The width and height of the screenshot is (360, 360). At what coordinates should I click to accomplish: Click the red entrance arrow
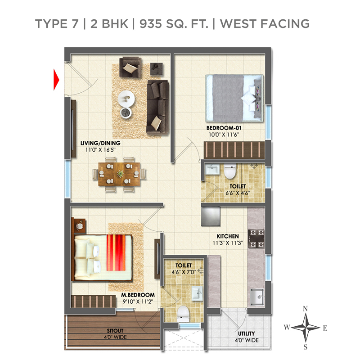coord(56,80)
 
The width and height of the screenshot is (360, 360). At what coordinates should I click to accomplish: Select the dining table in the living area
coord(119,174)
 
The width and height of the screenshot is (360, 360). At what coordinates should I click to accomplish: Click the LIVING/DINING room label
coord(100,143)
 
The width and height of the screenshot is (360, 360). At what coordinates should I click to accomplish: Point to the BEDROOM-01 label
coord(224,128)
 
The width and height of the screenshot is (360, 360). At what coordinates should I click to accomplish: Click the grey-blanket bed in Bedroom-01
coord(234,98)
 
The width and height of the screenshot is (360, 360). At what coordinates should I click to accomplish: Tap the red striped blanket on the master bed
coord(116,252)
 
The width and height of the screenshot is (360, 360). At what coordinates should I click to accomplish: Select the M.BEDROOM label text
coord(138,295)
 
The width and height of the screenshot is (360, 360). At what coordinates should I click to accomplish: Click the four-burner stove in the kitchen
coord(256,239)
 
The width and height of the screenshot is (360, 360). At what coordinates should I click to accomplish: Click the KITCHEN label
coord(228,236)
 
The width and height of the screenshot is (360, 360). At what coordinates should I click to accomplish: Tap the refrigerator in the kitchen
coord(211,216)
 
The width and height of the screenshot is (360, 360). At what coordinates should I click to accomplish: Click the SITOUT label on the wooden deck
coord(115,331)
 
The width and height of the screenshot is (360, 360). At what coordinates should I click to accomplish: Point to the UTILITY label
coord(246,333)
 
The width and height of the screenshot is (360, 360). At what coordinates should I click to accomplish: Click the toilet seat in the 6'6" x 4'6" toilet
coord(230,171)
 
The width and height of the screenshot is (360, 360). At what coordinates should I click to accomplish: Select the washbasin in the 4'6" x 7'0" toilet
coord(197,293)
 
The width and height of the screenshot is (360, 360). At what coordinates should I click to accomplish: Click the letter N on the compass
coord(305,309)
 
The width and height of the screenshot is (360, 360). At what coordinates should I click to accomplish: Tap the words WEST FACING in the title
coord(265,24)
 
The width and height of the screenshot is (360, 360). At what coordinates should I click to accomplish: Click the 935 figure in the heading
coord(151,24)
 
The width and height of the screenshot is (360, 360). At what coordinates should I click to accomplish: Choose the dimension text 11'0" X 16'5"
coord(100,150)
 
